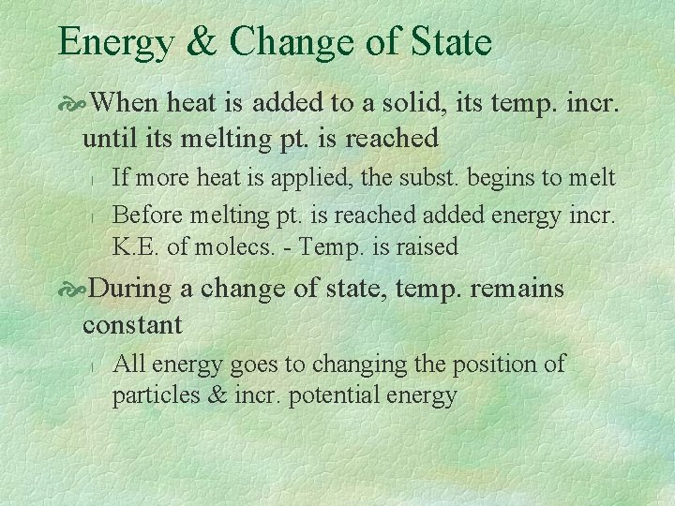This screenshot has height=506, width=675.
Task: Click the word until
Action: click(106, 138)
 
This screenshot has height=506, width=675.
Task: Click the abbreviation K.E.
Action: click(136, 247)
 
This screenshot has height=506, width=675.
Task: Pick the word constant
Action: click(132, 325)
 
